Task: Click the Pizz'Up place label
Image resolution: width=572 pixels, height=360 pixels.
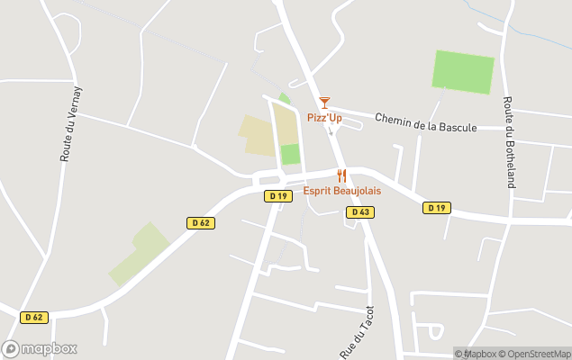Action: (x=324, y=118)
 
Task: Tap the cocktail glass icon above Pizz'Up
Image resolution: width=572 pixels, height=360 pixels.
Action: (x=324, y=103)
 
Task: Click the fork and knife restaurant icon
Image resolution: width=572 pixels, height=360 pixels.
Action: (x=341, y=176)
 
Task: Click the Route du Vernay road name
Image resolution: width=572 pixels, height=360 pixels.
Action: (x=70, y=124)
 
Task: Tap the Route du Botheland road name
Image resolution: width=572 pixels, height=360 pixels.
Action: (x=509, y=142)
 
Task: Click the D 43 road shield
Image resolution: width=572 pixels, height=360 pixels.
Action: (x=359, y=212)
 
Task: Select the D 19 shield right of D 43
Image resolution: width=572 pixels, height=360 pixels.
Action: (x=436, y=208)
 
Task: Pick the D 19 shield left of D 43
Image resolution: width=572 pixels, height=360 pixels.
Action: (x=277, y=195)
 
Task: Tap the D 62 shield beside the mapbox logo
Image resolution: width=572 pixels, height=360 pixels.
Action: (x=34, y=317)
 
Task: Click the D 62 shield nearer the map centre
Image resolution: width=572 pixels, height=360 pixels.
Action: (x=201, y=222)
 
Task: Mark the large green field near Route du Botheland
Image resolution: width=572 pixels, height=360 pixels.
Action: (x=463, y=72)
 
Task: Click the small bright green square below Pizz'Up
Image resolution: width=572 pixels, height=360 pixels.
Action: (x=290, y=154)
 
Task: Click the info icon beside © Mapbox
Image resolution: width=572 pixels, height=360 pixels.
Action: (x=459, y=354)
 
